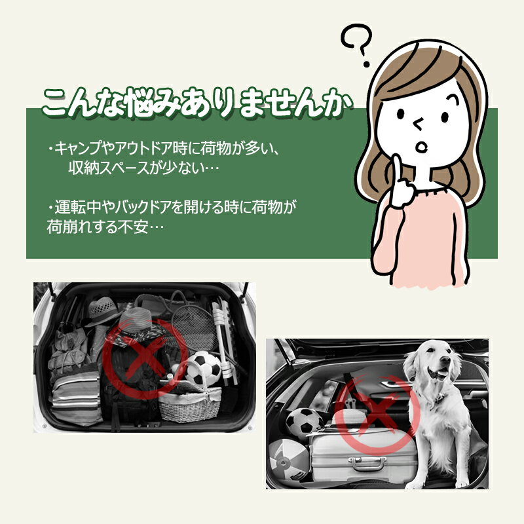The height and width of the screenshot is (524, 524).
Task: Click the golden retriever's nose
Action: pos(445,360)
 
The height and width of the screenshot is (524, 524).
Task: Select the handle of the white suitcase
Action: pos(367,464)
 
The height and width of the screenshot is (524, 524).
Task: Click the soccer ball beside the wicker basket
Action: pos(203,368)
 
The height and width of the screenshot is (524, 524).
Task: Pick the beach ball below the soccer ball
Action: pos(288,459)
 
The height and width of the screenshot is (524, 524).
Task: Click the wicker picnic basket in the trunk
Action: pos(189,403)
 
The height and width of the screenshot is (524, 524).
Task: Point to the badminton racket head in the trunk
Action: pos(195,327)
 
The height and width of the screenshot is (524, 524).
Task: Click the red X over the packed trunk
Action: pos(144,358)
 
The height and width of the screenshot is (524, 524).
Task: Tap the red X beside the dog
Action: pos(377,415)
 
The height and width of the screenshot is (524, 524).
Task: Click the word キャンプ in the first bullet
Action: pos(79,149)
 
